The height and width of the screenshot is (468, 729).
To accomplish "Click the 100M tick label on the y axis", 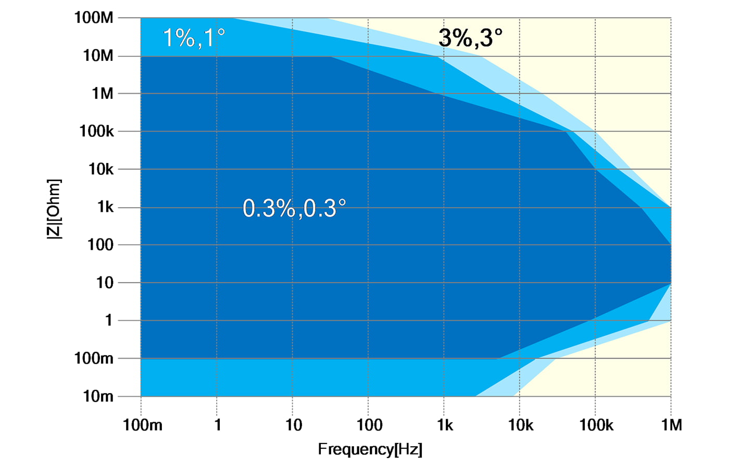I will pos(94,18).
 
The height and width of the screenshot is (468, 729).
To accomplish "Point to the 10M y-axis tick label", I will pos(98,56).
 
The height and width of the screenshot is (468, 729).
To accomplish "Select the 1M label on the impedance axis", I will pos(103,94).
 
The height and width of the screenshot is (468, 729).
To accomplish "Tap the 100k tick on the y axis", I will pos(96,131).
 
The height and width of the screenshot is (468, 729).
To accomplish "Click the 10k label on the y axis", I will pos(100,169).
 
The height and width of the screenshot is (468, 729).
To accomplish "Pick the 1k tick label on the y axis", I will pos(105,207).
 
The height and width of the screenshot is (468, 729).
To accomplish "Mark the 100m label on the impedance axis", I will pos(94,358).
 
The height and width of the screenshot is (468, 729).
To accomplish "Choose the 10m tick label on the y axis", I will pos(98,396).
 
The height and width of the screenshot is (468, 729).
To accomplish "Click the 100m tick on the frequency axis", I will pos(142,425).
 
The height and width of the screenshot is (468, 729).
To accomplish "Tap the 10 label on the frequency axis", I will pos(294,425).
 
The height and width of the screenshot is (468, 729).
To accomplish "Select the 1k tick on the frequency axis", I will pos(445,425).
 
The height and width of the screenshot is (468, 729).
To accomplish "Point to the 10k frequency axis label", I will pos(521,425).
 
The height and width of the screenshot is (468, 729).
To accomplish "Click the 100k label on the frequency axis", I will pos(596,425).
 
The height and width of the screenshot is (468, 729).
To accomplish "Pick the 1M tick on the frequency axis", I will pos(671,425).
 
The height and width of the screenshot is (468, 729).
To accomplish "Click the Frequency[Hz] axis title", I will pos(370,449).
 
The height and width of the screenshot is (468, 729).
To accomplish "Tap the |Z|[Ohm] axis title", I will pos(54,209).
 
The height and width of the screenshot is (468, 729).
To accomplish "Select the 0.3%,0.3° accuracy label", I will pos(294,208).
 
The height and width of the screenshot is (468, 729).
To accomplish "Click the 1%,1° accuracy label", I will pos(194,38).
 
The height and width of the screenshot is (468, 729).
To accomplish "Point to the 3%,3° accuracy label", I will pos(470,38).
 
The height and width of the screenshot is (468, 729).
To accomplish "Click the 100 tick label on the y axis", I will pos(100,245).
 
